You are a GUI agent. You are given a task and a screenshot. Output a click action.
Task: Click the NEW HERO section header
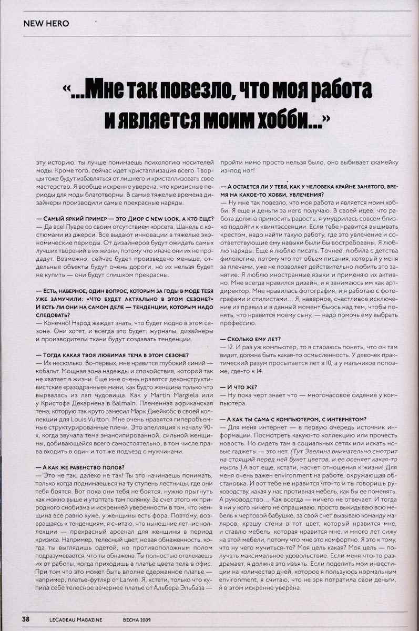click(x=46, y=24)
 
